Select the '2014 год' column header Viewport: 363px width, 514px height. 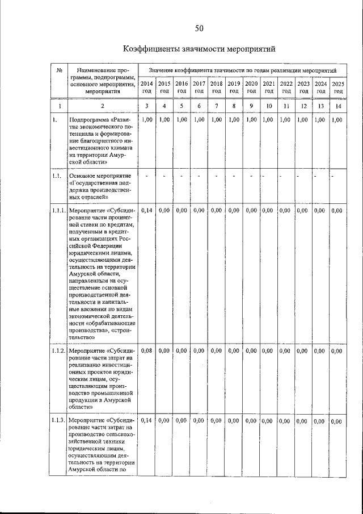point(146,87)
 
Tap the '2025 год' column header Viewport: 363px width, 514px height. point(338,87)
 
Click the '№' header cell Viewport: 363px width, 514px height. point(59,70)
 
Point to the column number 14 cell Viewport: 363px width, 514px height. point(338,106)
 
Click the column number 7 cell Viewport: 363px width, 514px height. point(216,106)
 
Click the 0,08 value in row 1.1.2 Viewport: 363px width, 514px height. point(146,352)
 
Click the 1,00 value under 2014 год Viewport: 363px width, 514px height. point(146,120)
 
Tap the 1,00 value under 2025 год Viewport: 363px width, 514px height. point(337,120)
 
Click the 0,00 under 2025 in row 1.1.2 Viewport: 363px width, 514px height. point(337,352)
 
